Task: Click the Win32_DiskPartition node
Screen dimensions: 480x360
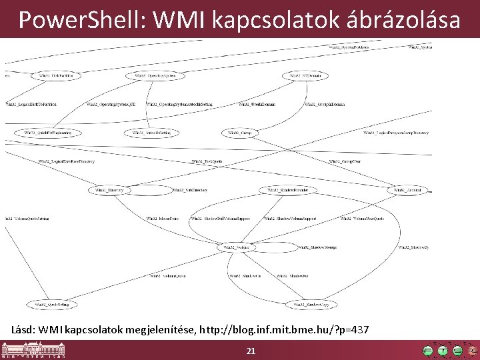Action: (x=56, y=76)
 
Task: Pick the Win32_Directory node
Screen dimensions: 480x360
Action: (x=110, y=190)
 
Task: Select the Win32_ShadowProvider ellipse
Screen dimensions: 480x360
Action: (x=288, y=190)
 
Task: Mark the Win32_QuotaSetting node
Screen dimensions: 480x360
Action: (x=52, y=305)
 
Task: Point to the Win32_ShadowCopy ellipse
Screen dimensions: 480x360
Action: (x=309, y=305)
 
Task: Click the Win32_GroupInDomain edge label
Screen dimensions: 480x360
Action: (x=324, y=105)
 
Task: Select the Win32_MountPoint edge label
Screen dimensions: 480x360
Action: (x=160, y=219)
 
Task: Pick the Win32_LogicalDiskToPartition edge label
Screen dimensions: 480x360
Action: (x=31, y=105)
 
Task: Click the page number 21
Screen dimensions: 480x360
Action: (x=251, y=351)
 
